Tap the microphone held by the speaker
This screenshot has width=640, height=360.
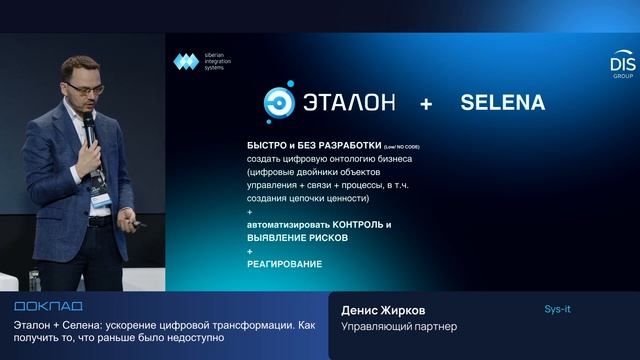coord(89,125)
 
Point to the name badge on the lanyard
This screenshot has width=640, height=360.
coord(102,199)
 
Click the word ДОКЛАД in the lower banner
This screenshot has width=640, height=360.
coord(49,305)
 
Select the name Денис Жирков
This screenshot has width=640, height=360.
coord(383,310)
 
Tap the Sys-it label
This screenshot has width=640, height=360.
coord(557,310)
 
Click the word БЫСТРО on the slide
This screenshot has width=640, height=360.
coord(266,146)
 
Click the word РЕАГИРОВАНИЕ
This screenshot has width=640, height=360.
coord(284,263)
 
